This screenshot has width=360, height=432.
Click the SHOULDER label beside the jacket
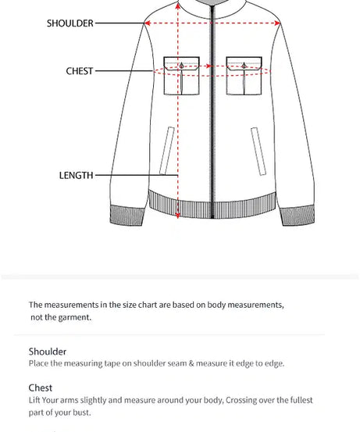point(70,23)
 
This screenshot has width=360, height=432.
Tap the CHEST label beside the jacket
point(80,71)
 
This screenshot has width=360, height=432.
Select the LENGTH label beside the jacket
point(76,175)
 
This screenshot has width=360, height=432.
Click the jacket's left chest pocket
point(181,76)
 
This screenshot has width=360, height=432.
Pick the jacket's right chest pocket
point(244,76)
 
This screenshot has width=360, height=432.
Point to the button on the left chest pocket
point(181,66)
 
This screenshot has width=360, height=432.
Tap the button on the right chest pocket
point(244,66)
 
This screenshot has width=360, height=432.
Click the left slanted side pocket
point(167,151)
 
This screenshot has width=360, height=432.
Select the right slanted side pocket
point(258,152)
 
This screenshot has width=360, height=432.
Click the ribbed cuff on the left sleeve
point(127,216)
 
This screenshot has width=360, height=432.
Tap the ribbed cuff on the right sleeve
point(297,216)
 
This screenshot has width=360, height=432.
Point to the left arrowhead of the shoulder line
point(147,23)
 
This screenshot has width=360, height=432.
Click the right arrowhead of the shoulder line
point(277,23)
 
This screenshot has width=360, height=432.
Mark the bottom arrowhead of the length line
point(178,216)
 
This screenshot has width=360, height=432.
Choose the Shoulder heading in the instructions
point(48,352)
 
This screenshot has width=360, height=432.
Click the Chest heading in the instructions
point(40,388)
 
